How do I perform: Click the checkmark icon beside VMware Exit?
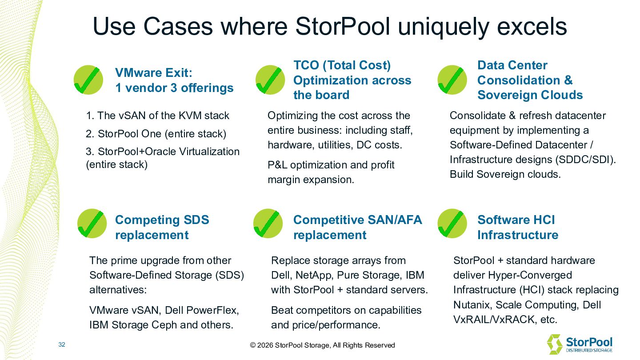(88, 80)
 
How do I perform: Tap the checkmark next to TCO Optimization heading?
(270, 80)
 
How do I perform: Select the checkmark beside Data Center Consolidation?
(452, 80)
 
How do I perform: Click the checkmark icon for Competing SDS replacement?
(92, 224)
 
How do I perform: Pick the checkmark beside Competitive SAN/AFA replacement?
(268, 224)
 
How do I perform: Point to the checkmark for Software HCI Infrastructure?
(452, 224)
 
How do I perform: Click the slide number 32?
(62, 345)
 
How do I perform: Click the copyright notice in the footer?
(322, 345)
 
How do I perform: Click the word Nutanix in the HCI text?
(472, 305)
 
